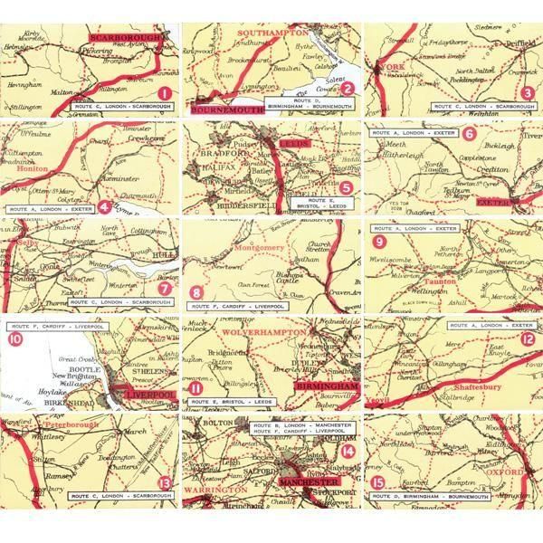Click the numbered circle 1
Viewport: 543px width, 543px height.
[164, 93]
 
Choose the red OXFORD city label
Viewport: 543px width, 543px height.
[507, 472]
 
